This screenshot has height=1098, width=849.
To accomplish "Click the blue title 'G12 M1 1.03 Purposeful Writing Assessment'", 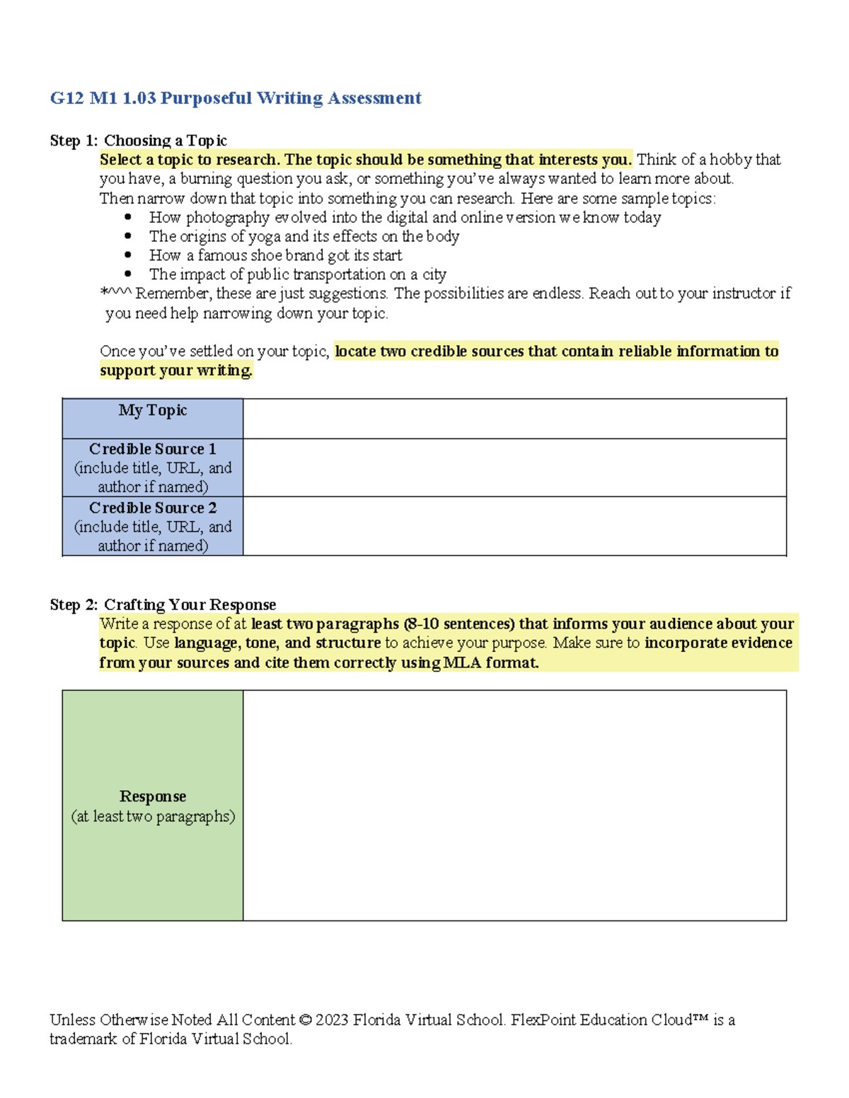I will click(236, 98).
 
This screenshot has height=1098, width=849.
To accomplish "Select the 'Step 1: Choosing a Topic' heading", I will click(138, 141).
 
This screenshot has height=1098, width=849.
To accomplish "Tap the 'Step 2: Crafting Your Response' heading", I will click(163, 605).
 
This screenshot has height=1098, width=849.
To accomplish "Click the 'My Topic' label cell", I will click(153, 411).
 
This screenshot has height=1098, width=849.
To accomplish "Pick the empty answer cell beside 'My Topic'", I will click(514, 419).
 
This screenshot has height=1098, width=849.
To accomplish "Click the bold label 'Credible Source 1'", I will click(153, 449).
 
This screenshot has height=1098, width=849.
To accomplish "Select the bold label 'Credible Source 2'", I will click(153, 508).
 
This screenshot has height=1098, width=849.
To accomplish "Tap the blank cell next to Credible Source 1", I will click(514, 467).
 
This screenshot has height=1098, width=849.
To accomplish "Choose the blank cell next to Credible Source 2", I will click(514, 526).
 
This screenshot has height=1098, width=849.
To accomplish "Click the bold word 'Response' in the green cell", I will click(153, 797).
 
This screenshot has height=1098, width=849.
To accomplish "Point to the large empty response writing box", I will click(514, 805).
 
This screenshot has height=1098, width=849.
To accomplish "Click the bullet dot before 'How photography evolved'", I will click(128, 217).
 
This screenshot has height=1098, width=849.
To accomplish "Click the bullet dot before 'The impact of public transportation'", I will click(128, 274).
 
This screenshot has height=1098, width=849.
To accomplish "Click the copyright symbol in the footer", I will click(305, 1020).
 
